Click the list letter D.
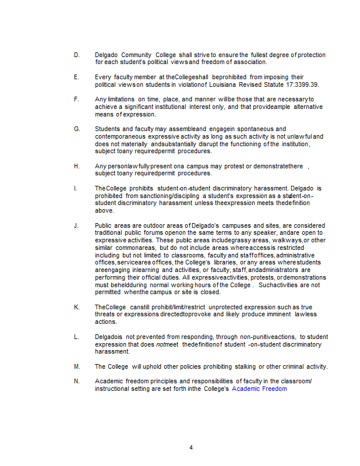76,55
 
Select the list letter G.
76,129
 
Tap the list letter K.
76,307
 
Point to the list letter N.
76,381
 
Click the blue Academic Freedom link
259,389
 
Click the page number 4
190,447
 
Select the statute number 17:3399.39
302,84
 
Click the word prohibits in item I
137,188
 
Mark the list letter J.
76,225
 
